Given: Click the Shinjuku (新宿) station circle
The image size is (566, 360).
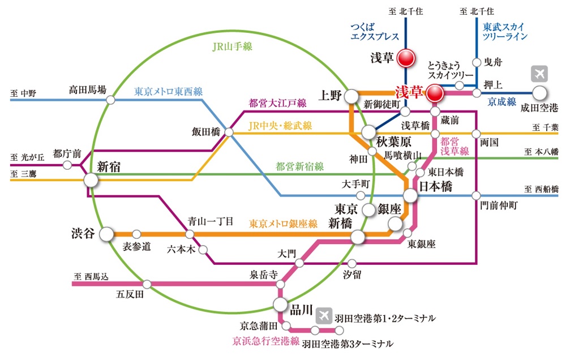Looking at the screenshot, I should click(91, 180).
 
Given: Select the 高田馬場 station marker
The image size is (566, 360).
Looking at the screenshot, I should click(110, 100).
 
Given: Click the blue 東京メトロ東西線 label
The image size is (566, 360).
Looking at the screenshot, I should click(168, 91).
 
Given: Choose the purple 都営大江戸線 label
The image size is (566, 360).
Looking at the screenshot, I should click(278, 103).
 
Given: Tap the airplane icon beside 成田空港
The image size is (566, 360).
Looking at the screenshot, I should click(539, 74).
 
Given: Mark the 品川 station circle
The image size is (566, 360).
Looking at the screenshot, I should click(280, 305).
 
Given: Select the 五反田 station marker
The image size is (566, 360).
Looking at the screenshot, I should click(147, 284).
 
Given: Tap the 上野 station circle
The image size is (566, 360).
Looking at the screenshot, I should click(351, 96).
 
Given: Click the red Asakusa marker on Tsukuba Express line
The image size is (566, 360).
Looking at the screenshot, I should click(405, 58).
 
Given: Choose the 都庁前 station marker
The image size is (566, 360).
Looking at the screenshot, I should click(67, 166).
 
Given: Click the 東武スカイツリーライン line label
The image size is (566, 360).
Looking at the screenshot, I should click(505, 32).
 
